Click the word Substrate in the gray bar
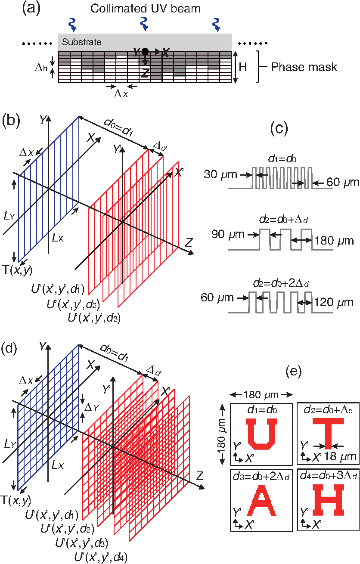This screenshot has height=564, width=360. click(x=82, y=42)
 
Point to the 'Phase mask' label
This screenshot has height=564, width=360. click(x=304, y=67)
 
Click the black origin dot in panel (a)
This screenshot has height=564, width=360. click(x=146, y=52)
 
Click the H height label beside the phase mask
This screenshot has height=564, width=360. click(x=243, y=67)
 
